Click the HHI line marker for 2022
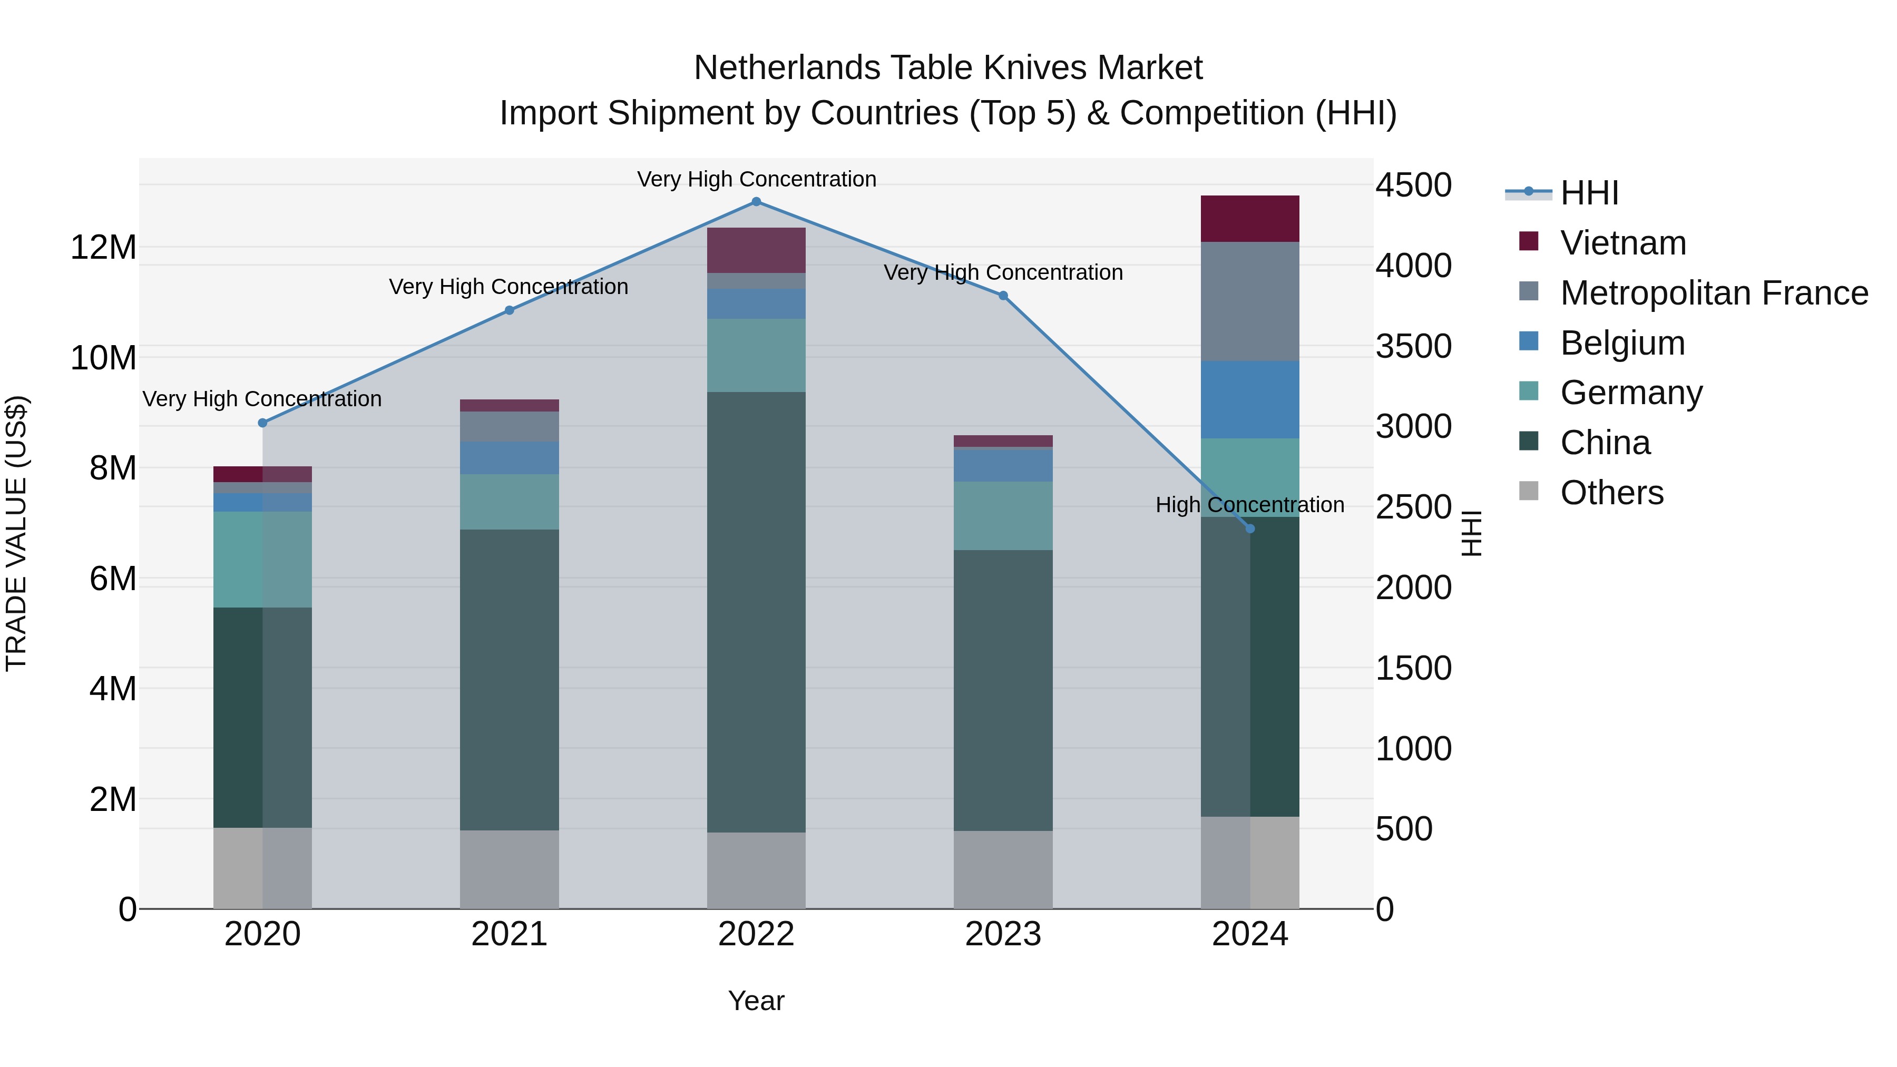coord(756,202)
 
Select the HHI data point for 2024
coord(1250,528)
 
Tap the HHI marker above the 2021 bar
coord(509,311)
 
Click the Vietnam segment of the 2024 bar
coord(1250,219)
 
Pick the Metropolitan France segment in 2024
coord(1250,301)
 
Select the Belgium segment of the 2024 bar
coord(1250,400)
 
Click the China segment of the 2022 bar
coord(756,611)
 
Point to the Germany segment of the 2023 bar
coord(1003,515)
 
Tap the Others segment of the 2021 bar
coord(509,869)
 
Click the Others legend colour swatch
coord(1529,491)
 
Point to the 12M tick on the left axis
coord(103,248)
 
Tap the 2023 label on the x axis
coord(1003,934)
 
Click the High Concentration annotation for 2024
coord(1250,505)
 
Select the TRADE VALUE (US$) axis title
coord(16,533)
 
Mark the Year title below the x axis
coord(756,1001)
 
